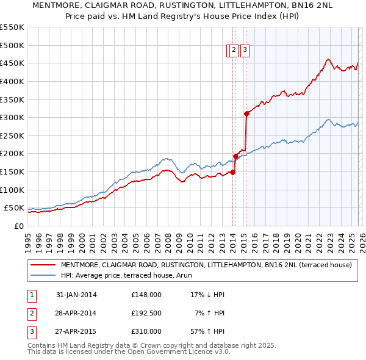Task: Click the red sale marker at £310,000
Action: click(246, 113)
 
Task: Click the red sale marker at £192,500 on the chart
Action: click(235, 156)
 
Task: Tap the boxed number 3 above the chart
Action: click(245, 51)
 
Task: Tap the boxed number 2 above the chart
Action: click(234, 51)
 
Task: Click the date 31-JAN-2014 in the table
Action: click(76, 295)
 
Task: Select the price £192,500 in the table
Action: click(146, 313)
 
